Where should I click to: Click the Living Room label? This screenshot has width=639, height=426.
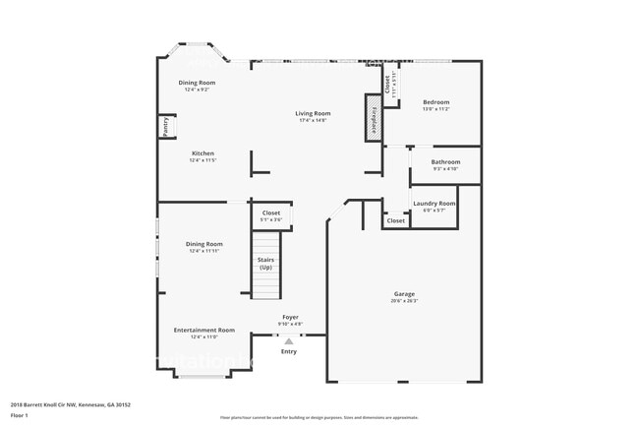313,113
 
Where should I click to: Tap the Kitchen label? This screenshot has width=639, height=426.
203,153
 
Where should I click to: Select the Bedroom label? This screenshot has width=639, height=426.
436,102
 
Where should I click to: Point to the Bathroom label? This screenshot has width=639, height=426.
445,161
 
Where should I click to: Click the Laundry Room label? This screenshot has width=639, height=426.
434,203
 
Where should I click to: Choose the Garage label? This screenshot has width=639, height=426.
404,293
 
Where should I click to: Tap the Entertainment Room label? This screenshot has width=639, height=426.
204,330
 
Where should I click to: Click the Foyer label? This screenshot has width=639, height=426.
290,317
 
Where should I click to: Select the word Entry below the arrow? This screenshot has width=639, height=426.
289,351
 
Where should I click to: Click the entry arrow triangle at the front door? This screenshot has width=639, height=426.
289,340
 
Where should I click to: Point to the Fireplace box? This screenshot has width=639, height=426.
373,118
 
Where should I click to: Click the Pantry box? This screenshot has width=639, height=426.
166,128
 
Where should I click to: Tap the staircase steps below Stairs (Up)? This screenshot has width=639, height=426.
265,285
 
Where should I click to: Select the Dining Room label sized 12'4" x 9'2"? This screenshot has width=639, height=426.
197,83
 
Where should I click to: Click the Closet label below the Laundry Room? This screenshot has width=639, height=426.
395,221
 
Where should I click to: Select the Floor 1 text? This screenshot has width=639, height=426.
19,415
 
